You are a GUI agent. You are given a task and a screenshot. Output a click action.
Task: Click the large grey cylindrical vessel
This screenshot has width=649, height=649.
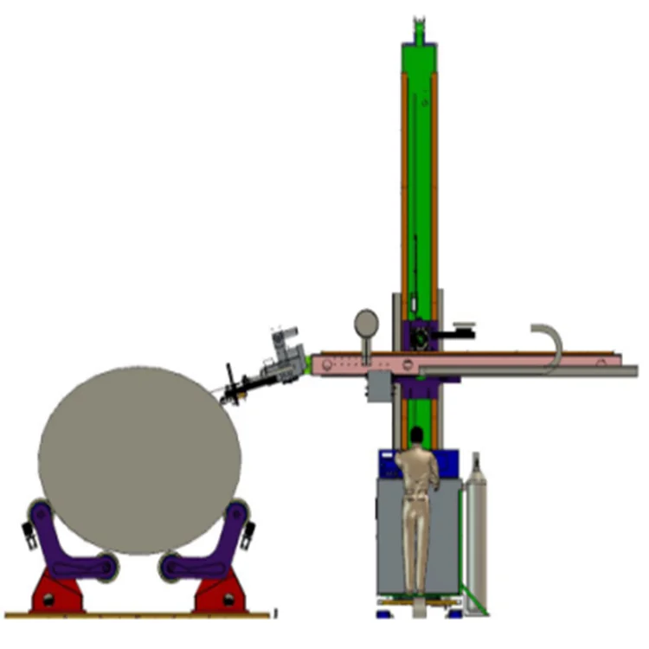point(138,459)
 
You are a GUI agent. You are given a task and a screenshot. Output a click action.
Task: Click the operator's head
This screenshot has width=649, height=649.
point(417,434)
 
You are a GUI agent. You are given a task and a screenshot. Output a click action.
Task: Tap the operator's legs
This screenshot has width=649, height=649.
point(417,545)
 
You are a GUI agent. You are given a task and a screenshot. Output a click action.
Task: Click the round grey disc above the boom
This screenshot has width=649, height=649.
point(366,324)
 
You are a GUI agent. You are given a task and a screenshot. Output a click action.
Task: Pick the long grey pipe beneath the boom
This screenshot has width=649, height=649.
point(537,371)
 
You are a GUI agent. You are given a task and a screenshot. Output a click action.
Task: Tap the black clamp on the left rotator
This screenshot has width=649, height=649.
point(29,542)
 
